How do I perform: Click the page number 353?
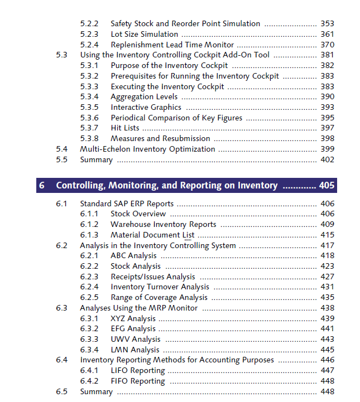coord(327,24)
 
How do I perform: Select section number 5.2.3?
coord(89,35)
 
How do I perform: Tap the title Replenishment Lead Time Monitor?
coord(172,45)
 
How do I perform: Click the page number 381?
coord(327,55)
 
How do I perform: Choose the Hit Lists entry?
coord(125,128)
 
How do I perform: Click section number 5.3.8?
coord(89,138)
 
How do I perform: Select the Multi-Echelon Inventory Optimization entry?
coord(147,149)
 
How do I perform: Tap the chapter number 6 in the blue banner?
coord(42,185)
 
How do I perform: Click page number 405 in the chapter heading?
coord(327,185)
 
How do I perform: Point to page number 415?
coord(327,235)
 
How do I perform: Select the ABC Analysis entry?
coord(133,256)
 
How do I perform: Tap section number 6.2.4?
coord(89,287)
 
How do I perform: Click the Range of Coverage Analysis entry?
coord(159,298)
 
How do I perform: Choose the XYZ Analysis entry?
coord(133,319)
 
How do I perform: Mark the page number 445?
coord(327,350)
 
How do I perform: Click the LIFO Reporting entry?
coord(137,371)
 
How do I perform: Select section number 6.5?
coord(61,392)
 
